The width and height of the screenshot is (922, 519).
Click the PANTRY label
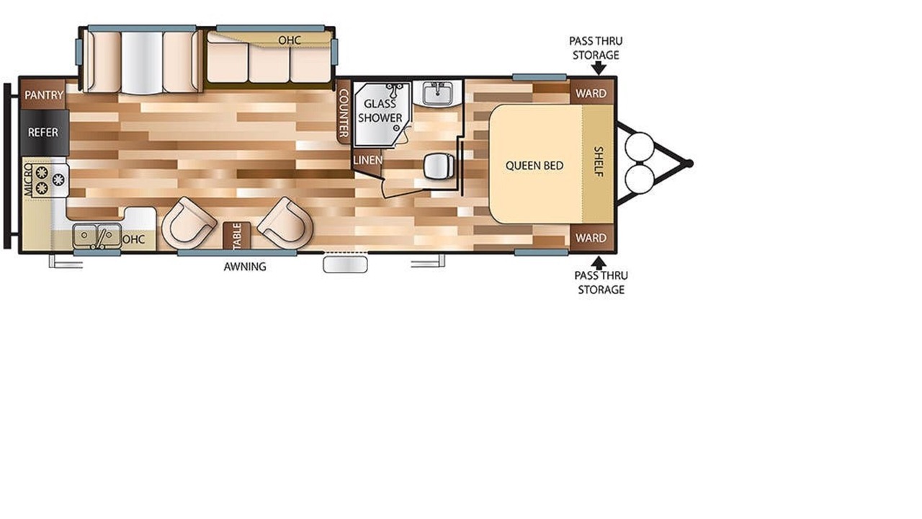44,95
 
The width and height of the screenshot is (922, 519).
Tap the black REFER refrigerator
43,133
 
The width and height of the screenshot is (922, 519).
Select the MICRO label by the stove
28,180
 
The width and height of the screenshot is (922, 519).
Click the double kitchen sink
97,236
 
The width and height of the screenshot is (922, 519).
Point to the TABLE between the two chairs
237,236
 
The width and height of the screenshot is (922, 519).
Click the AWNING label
245,267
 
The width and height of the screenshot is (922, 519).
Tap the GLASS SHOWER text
380,111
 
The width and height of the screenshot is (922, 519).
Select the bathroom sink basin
438,93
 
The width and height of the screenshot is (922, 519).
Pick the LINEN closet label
367,160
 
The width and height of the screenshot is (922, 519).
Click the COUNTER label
344,113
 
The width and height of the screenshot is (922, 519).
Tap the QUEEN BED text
534,166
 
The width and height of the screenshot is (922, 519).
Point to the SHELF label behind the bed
599,162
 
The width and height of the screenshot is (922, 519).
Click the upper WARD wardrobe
591,94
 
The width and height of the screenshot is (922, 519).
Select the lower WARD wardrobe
591,238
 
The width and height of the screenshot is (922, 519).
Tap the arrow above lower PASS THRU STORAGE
599,263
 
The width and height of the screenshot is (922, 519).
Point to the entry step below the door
345,265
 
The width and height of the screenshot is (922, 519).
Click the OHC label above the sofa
290,40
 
